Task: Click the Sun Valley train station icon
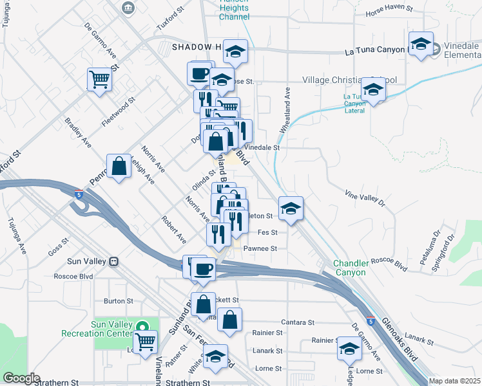(115, 262)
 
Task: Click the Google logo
(21, 378)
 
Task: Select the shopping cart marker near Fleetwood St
(100, 80)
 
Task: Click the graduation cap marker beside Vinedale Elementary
(421, 45)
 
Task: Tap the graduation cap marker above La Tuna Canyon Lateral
(372, 89)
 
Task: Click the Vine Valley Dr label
(364, 198)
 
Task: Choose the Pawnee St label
(260, 248)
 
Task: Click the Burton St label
(118, 300)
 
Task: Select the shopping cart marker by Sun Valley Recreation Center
(145, 342)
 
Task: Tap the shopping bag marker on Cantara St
(230, 320)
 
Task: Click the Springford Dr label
(445, 252)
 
